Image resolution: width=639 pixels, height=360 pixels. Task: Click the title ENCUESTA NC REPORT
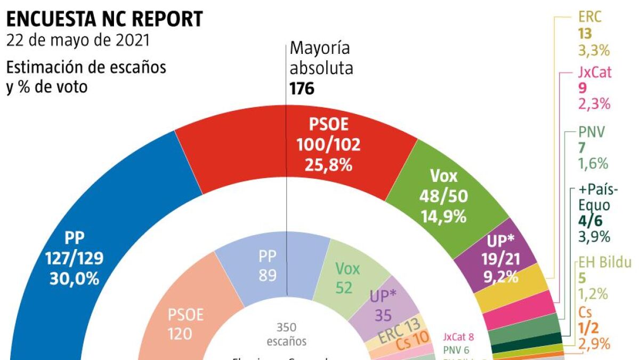pos(104,19)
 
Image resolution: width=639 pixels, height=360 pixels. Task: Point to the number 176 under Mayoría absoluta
pos(302,88)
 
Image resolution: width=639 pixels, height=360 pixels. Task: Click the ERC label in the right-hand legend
pos(589,17)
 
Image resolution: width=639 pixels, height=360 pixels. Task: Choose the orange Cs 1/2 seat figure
pos(588,329)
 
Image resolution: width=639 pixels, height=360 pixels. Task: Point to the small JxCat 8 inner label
pos(458,337)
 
